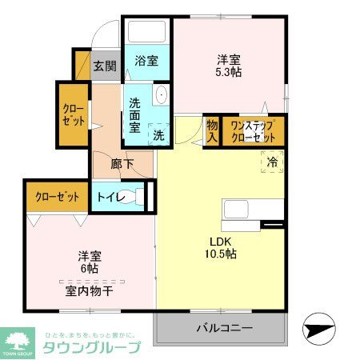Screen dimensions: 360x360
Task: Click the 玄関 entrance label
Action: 104,66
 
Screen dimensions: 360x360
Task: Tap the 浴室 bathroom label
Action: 146,61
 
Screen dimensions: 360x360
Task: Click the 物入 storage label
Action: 212,131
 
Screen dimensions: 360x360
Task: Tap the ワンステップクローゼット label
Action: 253,131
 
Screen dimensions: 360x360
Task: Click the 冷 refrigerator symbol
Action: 272,162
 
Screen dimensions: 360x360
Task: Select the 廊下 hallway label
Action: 122,165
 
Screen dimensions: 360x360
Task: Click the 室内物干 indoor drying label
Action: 89,290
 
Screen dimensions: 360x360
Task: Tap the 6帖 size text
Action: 90,269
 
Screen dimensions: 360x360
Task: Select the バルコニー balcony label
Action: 224,328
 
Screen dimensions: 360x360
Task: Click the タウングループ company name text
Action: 90,347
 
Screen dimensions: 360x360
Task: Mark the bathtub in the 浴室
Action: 146,33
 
